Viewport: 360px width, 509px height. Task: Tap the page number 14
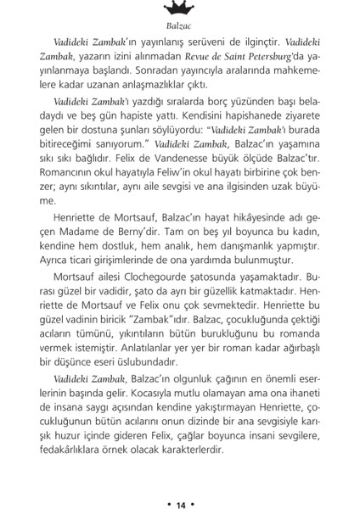coord(180,484)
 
